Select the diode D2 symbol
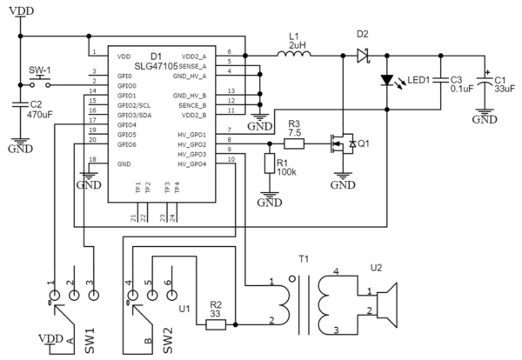point(361,55)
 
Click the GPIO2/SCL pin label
point(128,103)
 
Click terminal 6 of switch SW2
point(169,283)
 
